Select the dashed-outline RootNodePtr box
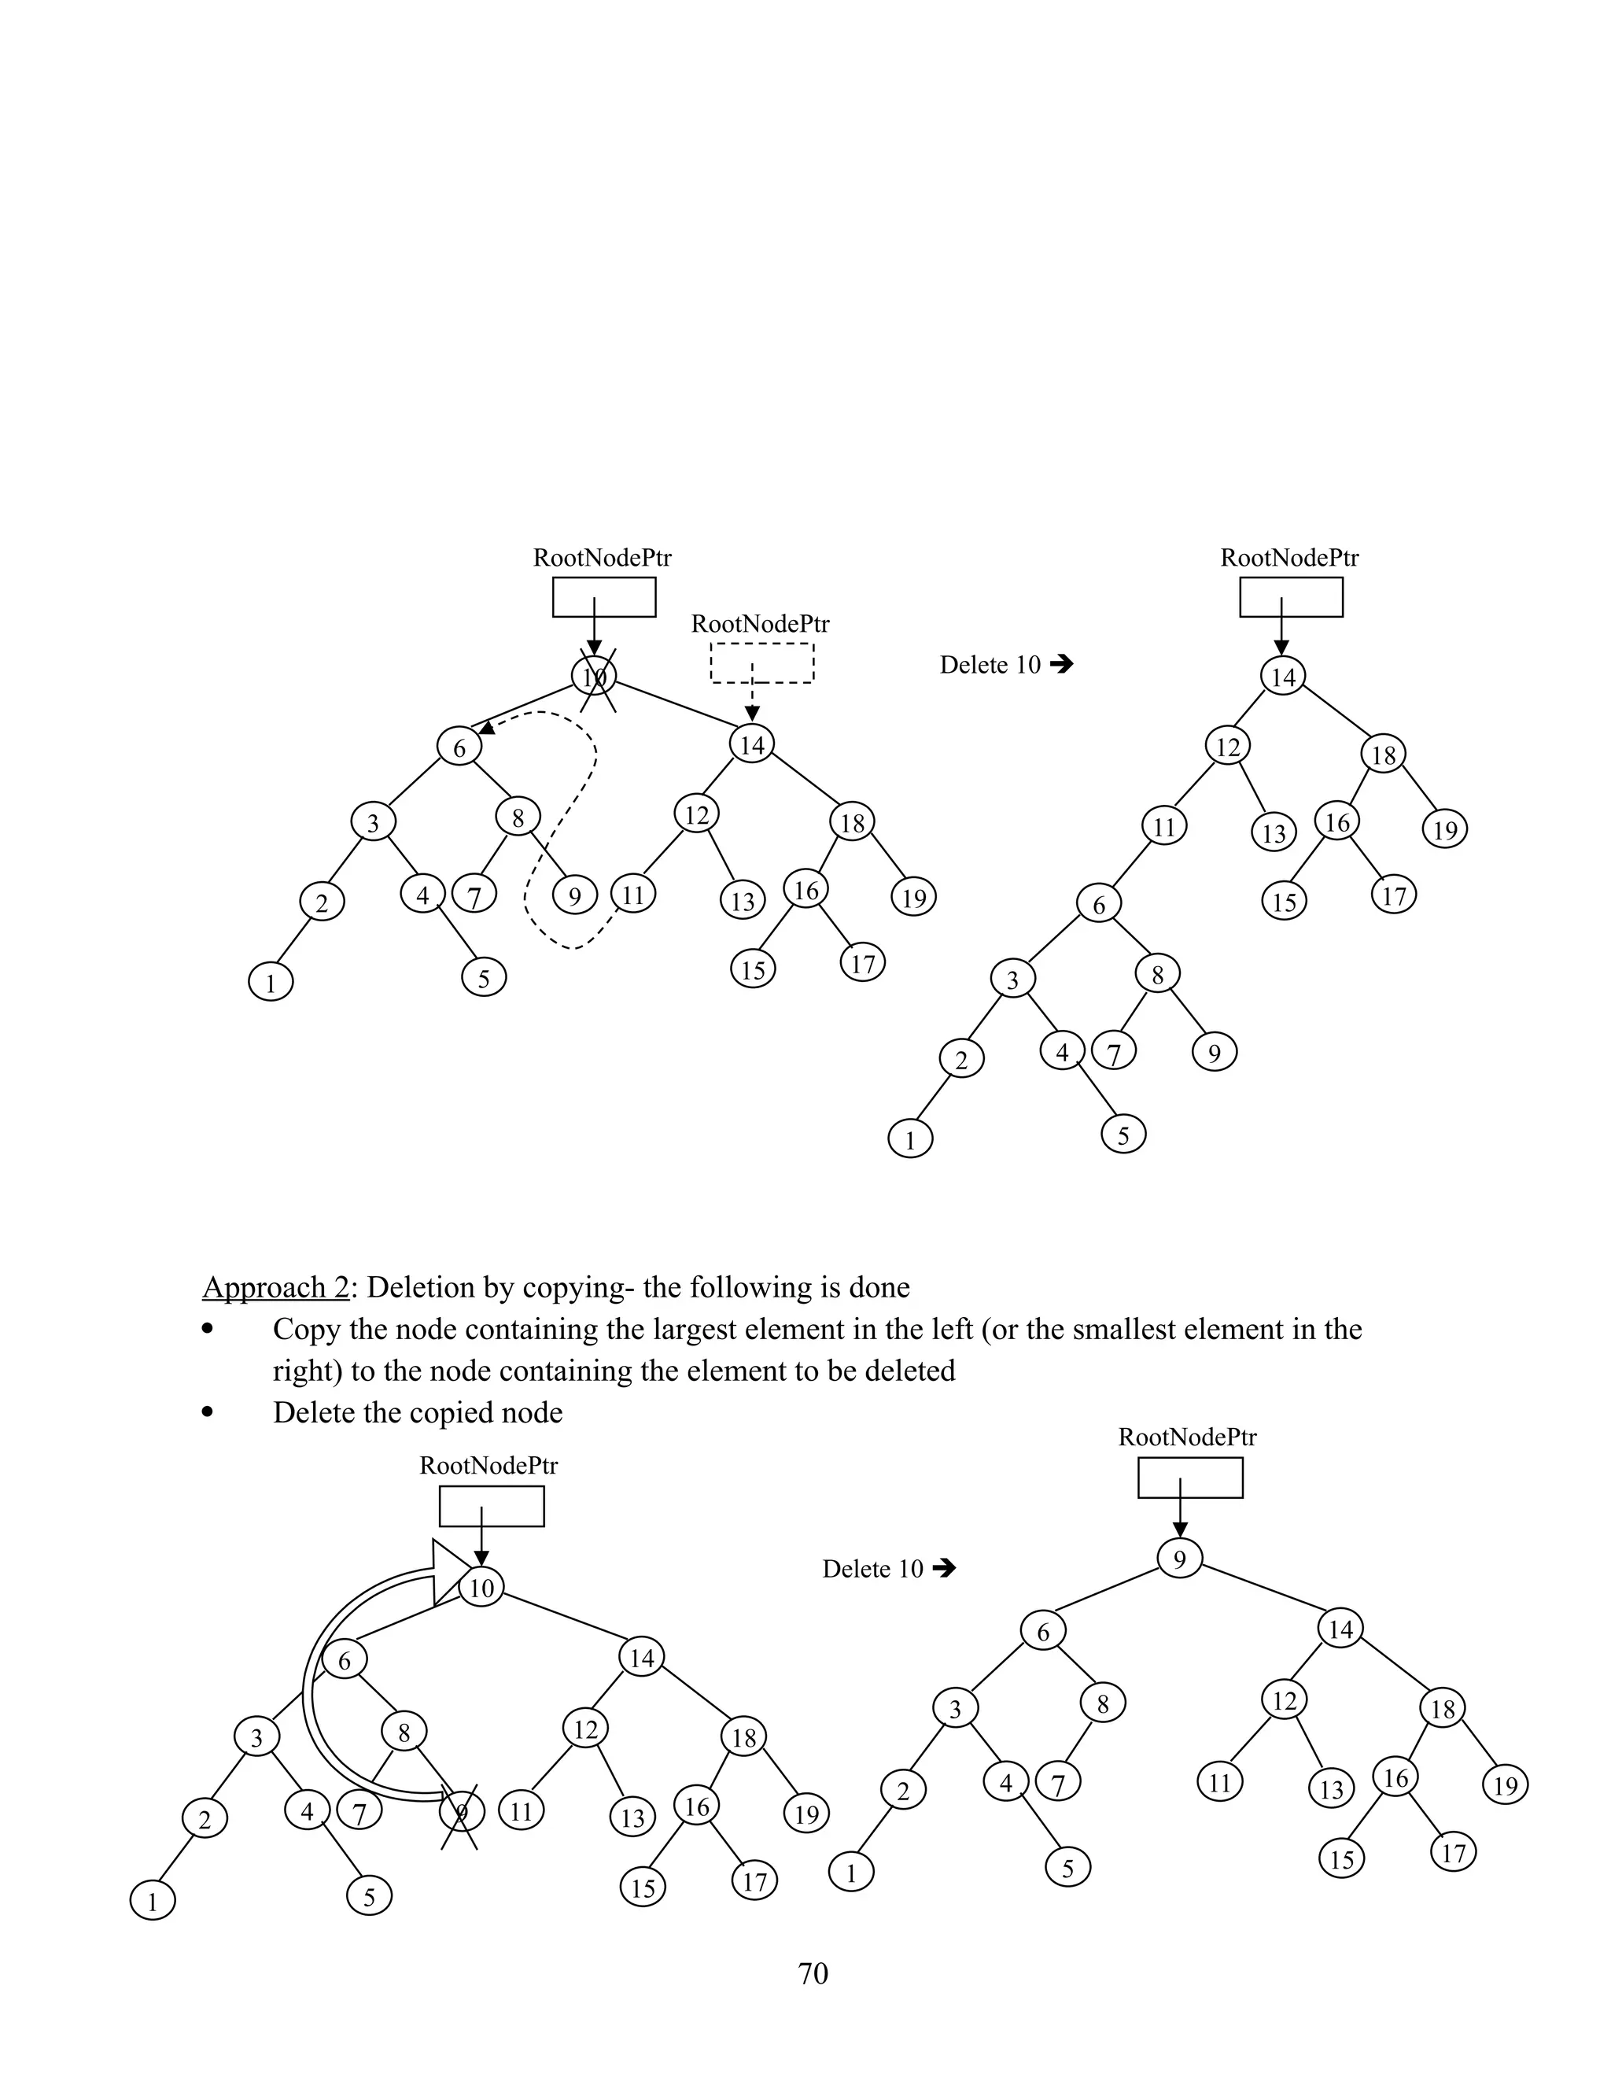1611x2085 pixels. pyautogui.click(x=761, y=662)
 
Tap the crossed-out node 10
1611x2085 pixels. pyautogui.click(x=595, y=676)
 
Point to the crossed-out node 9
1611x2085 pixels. pyautogui.click(x=462, y=1811)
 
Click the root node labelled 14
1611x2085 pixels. pyautogui.click(x=1284, y=676)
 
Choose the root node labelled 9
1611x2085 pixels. pyautogui.click(x=1180, y=1559)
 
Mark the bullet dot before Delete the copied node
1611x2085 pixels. pyautogui.click(x=207, y=1413)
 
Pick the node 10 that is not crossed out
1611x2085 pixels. pyautogui.click(x=482, y=1588)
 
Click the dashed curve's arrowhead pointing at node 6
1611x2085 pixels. pyautogui.click(x=487, y=730)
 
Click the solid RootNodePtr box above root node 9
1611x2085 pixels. pyautogui.click(x=1190, y=1478)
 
